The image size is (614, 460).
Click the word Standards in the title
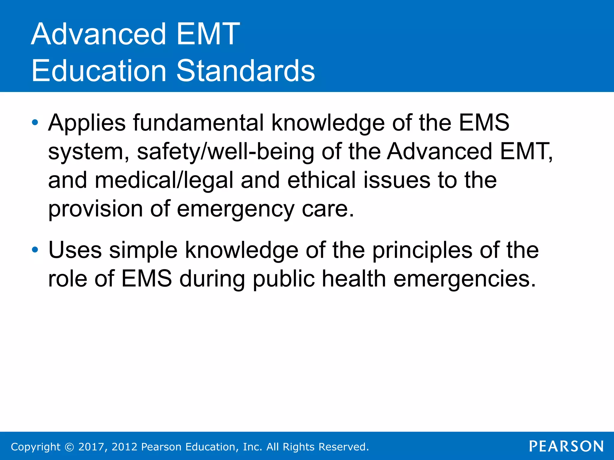point(246,71)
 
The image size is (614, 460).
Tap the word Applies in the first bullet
point(87,123)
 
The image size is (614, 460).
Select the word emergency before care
point(236,209)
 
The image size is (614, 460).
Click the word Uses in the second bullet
point(75,250)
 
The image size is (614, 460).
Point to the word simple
point(143,250)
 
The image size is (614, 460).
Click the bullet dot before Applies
point(35,122)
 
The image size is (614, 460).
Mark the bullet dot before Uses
point(35,250)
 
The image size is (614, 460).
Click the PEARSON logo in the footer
point(566,446)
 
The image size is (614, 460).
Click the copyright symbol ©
point(69,447)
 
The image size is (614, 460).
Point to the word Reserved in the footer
point(344,447)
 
